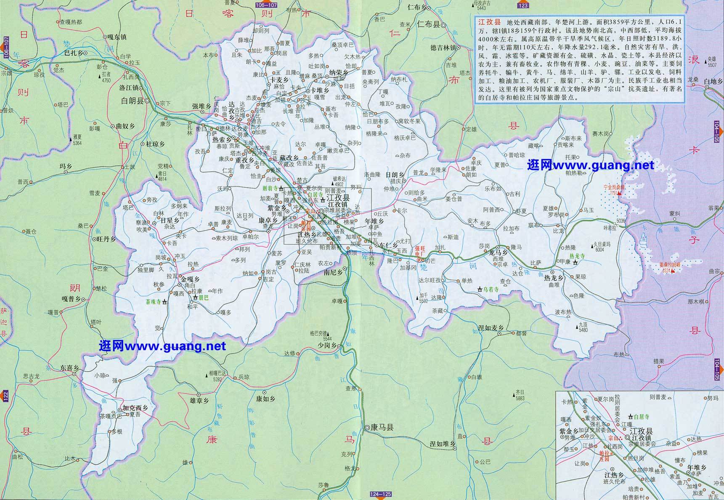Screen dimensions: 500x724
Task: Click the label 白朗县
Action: click(x=132, y=101)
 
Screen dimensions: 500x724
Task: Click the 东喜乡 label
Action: click(x=69, y=367)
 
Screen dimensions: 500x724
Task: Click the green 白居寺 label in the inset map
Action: click(x=641, y=417)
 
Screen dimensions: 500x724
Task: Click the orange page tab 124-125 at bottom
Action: click(x=381, y=494)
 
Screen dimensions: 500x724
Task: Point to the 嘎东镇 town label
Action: click(x=117, y=37)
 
